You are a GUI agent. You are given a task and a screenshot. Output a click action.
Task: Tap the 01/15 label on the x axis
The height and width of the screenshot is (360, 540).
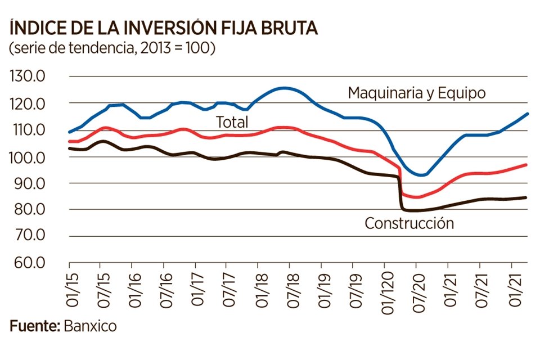click(69, 289)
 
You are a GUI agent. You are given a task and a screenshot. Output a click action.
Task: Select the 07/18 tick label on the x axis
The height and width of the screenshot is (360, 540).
click(290, 289)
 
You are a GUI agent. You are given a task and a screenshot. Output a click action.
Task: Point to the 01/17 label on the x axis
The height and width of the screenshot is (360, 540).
click(195, 289)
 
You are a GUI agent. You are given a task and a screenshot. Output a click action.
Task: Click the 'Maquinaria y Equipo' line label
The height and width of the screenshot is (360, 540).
click(416, 93)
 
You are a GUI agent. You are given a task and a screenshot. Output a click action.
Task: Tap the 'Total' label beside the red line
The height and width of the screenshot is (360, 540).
click(232, 122)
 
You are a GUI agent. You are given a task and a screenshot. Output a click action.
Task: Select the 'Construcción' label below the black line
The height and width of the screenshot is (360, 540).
click(409, 223)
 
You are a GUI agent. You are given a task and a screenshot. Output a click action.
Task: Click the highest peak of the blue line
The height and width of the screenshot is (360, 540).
click(285, 88)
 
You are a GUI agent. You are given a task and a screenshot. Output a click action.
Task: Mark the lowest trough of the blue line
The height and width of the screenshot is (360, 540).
click(422, 175)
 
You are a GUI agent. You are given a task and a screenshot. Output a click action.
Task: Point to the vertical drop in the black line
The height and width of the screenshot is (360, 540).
click(400, 194)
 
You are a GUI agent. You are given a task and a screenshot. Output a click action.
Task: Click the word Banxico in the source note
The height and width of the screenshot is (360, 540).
click(91, 326)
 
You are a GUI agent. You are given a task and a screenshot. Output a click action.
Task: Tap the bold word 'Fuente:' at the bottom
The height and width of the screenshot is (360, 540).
click(35, 326)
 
